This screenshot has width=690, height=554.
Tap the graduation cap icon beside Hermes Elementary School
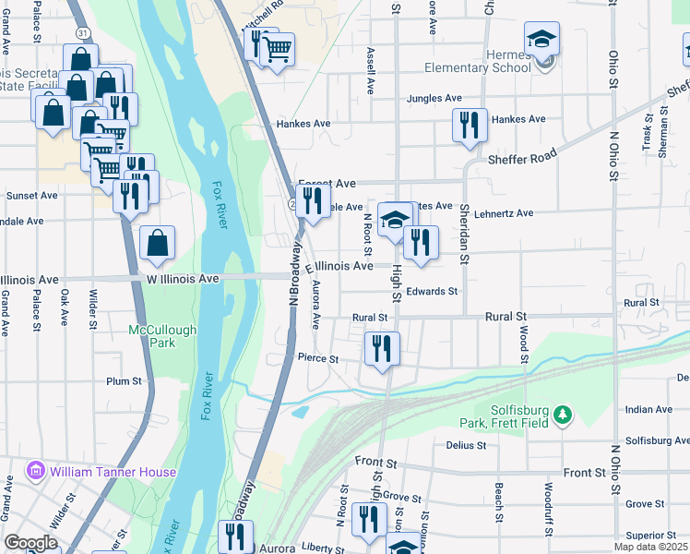541,39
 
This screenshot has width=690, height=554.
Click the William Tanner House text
113,472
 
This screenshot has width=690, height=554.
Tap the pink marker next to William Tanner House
36,472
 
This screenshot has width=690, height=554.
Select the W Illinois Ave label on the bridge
183,278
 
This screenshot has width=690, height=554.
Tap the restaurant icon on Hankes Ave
470,125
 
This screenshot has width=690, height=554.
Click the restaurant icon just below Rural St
381,348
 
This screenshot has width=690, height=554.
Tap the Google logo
30,542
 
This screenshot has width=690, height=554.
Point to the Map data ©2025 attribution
650,547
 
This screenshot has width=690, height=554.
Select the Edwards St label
433,292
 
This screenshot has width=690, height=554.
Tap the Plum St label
124,380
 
